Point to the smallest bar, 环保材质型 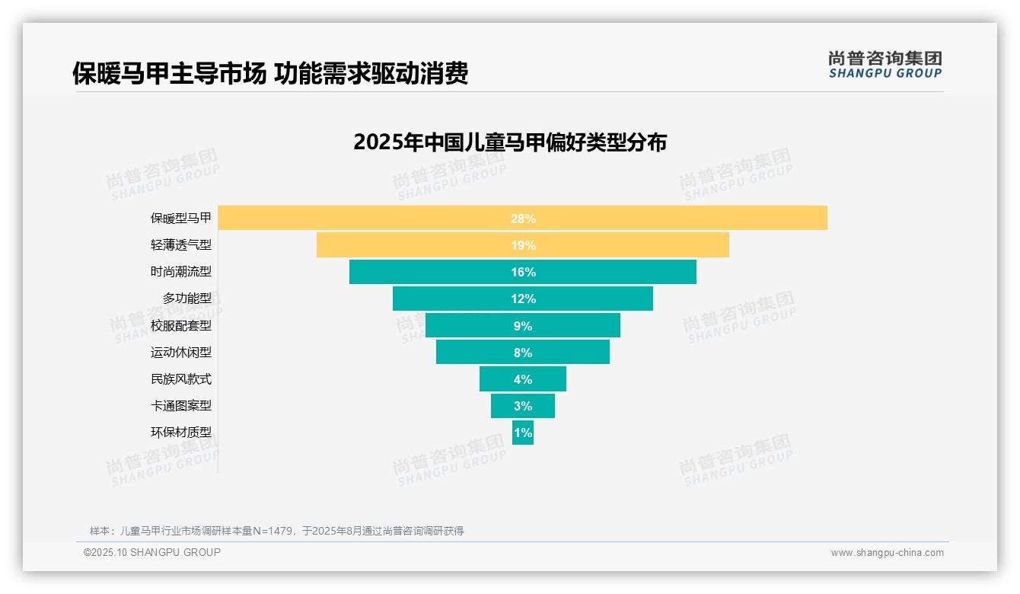click(x=523, y=433)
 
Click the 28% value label click(x=523, y=219)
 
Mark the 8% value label click(x=523, y=353)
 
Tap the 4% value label click(x=523, y=379)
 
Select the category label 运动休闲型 click(x=181, y=353)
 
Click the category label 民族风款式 click(x=181, y=379)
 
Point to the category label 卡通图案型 click(x=181, y=406)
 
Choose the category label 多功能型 click(x=187, y=299)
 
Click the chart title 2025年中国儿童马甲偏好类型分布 click(x=510, y=142)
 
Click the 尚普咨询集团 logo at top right click(x=885, y=65)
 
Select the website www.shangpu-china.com click(x=887, y=553)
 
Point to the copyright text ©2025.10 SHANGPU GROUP click(x=152, y=552)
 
